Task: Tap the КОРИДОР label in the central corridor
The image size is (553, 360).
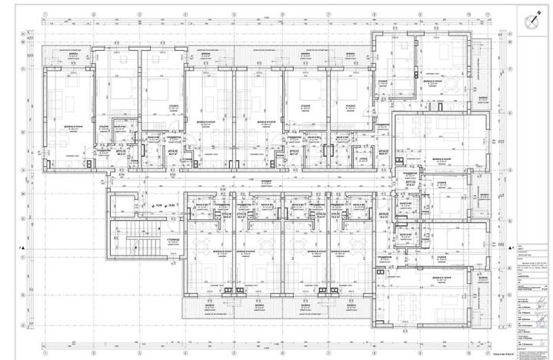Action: click(x=265, y=183)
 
